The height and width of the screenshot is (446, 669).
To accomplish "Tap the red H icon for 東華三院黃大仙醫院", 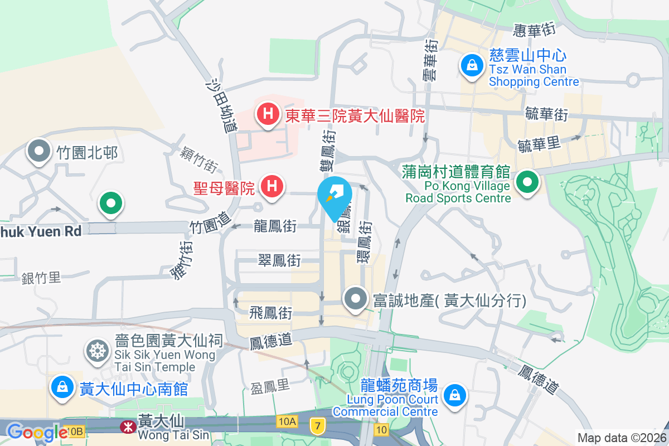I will pyautogui.click(x=268, y=115).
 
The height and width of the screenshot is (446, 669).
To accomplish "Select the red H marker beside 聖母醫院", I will pyautogui.click(x=272, y=186).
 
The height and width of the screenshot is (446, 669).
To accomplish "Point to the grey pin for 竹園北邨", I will pyautogui.click(x=39, y=151).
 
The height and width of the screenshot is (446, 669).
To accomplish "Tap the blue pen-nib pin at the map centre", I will pyautogui.click(x=334, y=196).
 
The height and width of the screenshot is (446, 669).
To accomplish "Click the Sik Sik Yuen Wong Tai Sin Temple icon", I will pyautogui.click(x=97, y=351).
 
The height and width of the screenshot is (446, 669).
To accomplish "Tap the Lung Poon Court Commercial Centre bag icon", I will pyautogui.click(x=455, y=395).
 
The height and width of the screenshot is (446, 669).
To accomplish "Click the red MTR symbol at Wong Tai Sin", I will pyautogui.click(x=128, y=428).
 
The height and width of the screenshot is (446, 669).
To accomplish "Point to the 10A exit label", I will pyautogui.click(x=287, y=421).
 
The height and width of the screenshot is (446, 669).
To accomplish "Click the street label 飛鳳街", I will pyautogui.click(x=271, y=313).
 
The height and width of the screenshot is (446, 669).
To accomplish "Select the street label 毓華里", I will pyautogui.click(x=539, y=144).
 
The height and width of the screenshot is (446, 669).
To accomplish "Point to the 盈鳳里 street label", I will pyautogui.click(x=270, y=387).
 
